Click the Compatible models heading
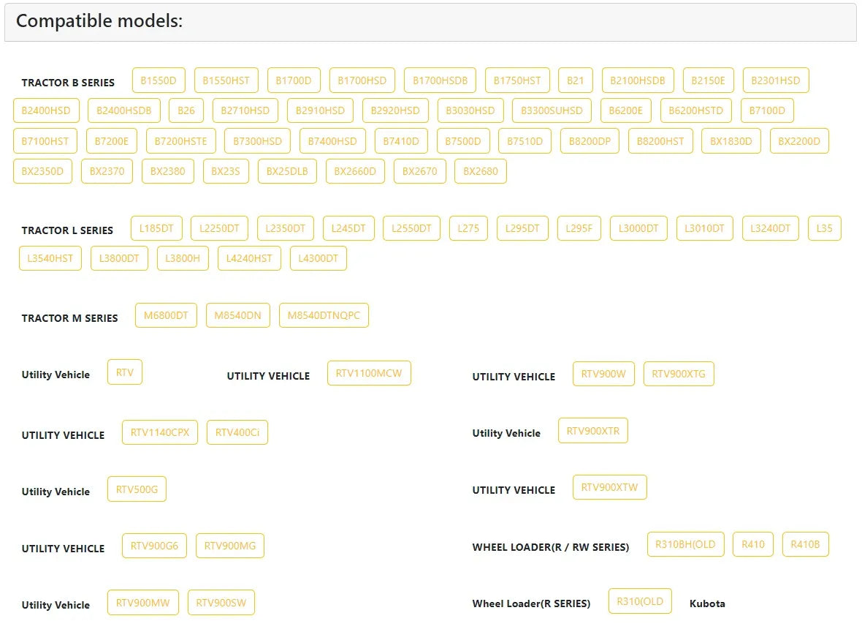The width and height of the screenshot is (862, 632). tap(99, 21)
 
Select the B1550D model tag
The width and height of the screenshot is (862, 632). tap(159, 80)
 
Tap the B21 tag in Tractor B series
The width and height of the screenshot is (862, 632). tap(575, 80)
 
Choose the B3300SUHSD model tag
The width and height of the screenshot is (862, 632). tap(552, 110)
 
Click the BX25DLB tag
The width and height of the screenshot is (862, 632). tap(287, 171)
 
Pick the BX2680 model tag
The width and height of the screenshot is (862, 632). tap(481, 171)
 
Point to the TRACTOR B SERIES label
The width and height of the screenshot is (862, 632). tap(68, 83)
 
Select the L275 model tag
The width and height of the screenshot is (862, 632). tap(468, 228)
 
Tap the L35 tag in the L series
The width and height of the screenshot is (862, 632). tap(824, 228)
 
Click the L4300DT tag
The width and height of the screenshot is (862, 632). tap(319, 258)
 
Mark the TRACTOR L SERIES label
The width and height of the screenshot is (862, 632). tap(67, 230)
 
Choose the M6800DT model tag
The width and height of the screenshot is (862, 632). tap(166, 315)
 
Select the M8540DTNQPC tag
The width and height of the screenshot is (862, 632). tap(324, 315)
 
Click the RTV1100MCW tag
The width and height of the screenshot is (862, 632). tap(369, 373)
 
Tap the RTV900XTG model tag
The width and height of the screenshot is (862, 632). tap(679, 374)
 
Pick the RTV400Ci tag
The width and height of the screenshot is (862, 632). tap(237, 432)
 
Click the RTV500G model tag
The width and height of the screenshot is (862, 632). tap(137, 489)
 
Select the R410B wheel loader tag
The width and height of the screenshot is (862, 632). tap(805, 544)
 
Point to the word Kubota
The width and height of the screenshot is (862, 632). tap(707, 604)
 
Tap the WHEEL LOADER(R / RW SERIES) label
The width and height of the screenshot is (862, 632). tap(550, 547)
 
